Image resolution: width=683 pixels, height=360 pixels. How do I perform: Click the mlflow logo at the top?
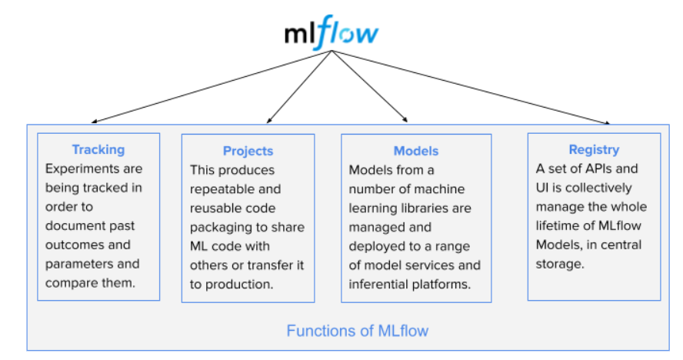[x=332, y=33]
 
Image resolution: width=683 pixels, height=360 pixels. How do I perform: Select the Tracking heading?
[x=98, y=149]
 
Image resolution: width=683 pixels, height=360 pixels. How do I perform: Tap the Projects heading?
[x=248, y=151]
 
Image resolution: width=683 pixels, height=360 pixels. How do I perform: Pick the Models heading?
[x=415, y=151]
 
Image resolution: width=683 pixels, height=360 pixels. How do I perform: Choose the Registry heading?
[x=594, y=149]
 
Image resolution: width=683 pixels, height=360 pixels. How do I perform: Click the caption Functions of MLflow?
[x=357, y=331]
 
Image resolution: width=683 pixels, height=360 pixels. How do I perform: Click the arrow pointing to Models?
[x=369, y=85]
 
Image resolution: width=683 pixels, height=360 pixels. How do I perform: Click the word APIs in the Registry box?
[x=599, y=168]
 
